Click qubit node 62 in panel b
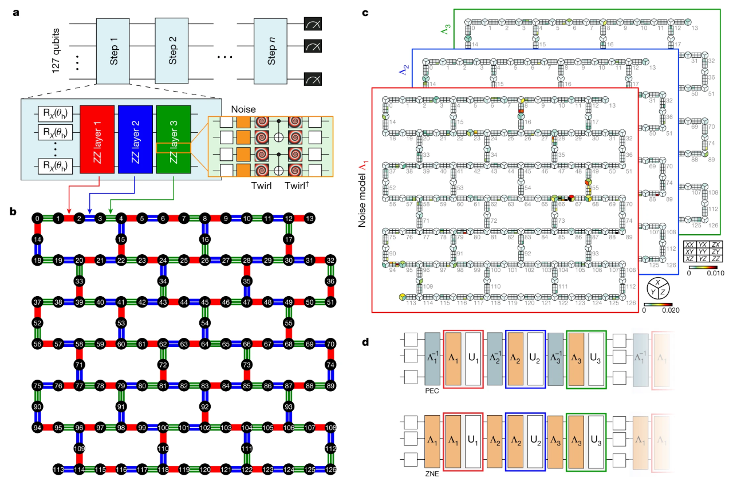pyautogui.click(x=163, y=344)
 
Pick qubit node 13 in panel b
pyautogui.click(x=310, y=218)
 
